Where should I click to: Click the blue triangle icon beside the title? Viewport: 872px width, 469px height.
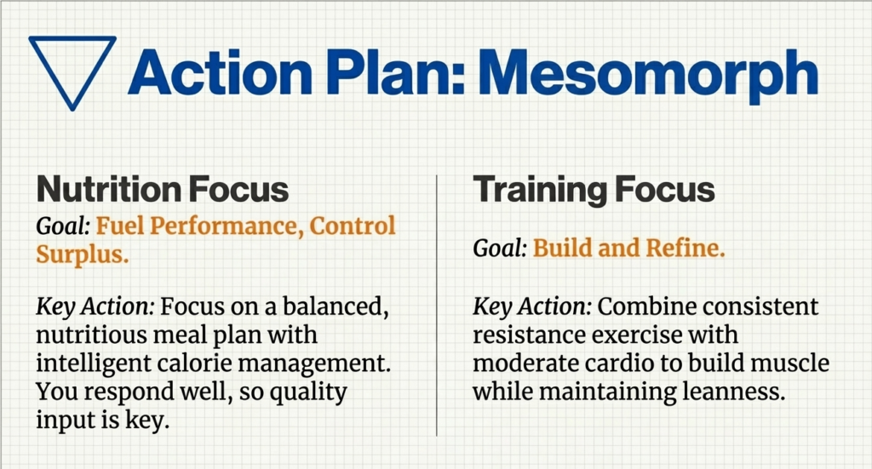coord(72,66)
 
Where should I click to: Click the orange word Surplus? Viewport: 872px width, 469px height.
coord(83,255)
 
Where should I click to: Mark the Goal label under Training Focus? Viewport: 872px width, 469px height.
coord(501,249)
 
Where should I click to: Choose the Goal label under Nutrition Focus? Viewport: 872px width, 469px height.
coord(63,226)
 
